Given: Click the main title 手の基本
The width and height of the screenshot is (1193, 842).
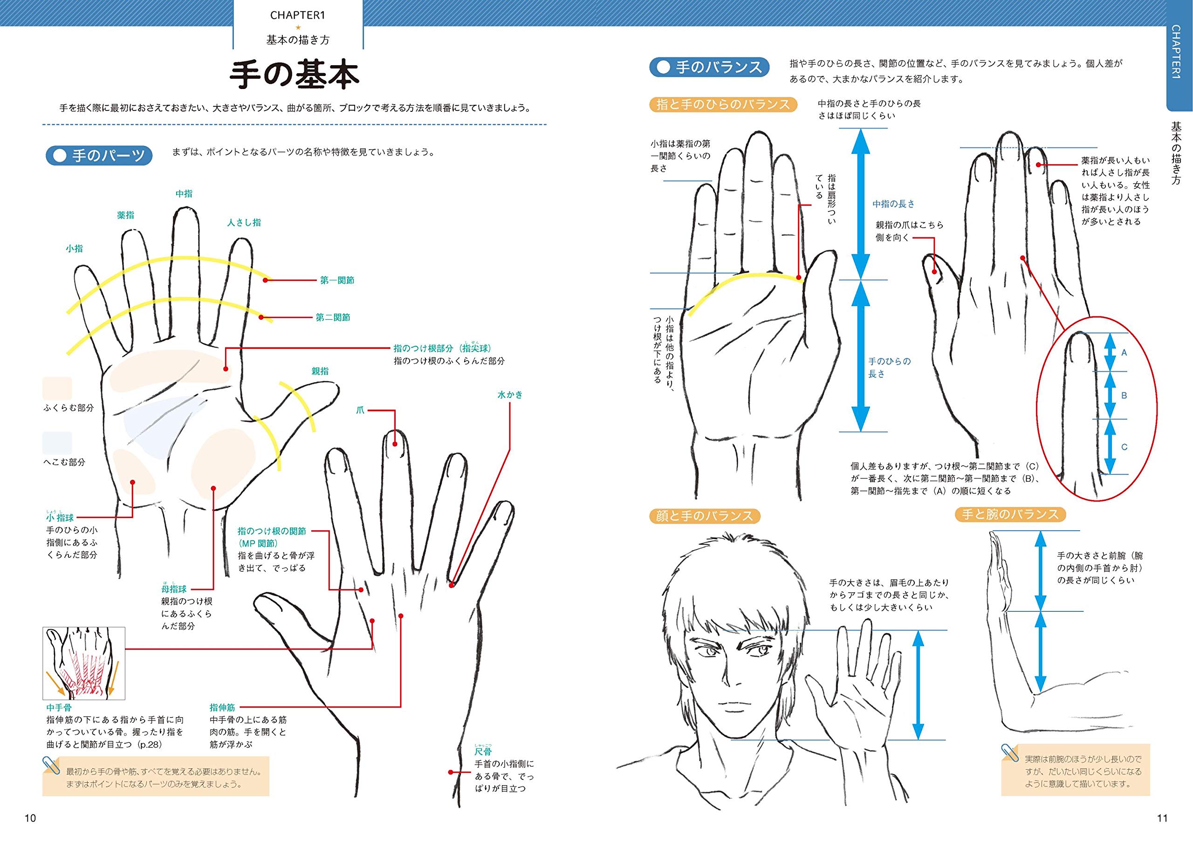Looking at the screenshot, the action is point(294,76).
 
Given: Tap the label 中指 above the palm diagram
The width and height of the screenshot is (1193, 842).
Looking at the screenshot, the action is point(184,194).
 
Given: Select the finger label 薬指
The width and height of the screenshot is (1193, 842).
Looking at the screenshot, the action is point(126,215).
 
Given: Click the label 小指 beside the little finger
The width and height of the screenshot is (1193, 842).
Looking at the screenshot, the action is point(74,249).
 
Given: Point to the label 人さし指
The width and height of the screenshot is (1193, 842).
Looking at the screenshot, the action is point(244,222).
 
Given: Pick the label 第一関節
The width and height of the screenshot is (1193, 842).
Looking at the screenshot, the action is point(337,281).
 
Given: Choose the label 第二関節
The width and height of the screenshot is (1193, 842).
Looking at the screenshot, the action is point(333,317).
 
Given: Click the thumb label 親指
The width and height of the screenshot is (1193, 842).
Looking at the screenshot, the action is point(320,371).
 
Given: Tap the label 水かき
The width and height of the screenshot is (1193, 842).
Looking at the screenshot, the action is point(510,395).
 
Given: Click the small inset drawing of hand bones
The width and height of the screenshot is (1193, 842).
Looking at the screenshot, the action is point(84,664).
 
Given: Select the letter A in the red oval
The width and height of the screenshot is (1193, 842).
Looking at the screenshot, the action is point(1124,353).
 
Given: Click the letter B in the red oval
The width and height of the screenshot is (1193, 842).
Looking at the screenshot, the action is point(1124,396).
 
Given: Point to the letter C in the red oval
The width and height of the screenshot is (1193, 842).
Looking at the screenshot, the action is point(1124,447).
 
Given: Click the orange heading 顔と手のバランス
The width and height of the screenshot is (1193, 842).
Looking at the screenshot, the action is point(704,516).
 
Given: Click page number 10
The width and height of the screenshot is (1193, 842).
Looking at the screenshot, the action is point(30,819).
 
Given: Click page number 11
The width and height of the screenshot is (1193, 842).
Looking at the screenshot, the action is point(1162,819).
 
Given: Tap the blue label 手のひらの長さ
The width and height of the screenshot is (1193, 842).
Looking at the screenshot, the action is point(889,367).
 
